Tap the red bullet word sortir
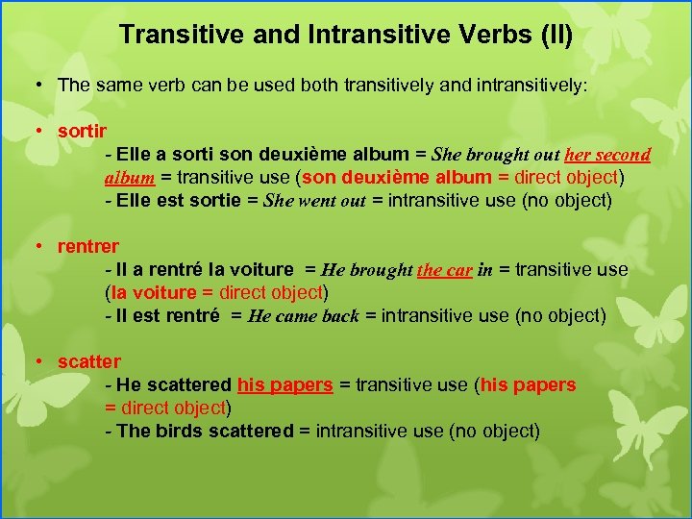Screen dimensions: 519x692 click(x=83, y=131)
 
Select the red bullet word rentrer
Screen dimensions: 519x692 click(x=88, y=246)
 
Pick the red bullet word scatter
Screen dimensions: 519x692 click(x=89, y=361)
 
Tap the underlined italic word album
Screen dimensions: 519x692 click(x=130, y=178)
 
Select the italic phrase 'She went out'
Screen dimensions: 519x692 click(x=315, y=201)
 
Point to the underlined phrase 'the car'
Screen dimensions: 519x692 click(x=444, y=270)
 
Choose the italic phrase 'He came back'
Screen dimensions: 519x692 click(x=303, y=316)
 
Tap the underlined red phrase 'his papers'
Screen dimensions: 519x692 click(x=285, y=384)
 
